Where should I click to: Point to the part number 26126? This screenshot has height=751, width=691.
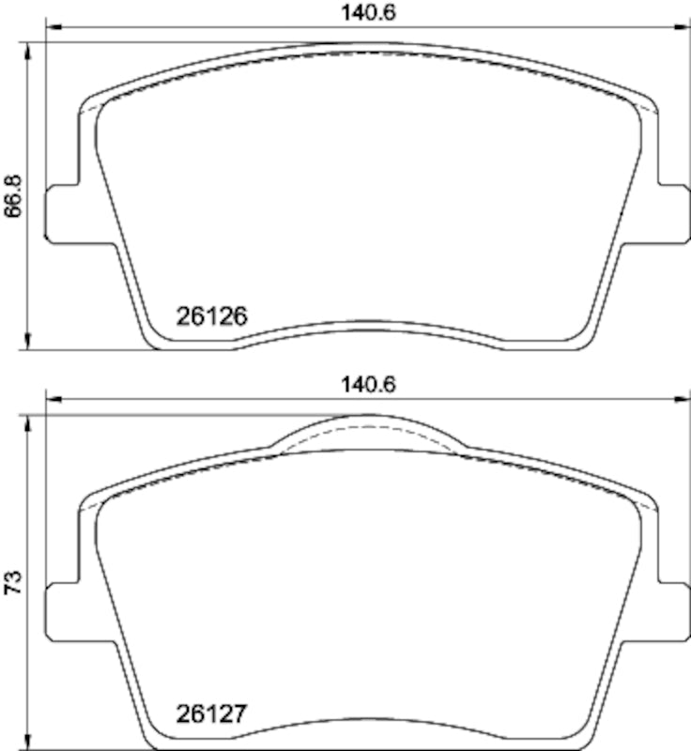(x=211, y=317)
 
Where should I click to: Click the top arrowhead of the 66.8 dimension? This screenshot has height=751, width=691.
(x=29, y=48)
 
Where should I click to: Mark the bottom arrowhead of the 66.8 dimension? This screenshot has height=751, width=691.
(x=29, y=343)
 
